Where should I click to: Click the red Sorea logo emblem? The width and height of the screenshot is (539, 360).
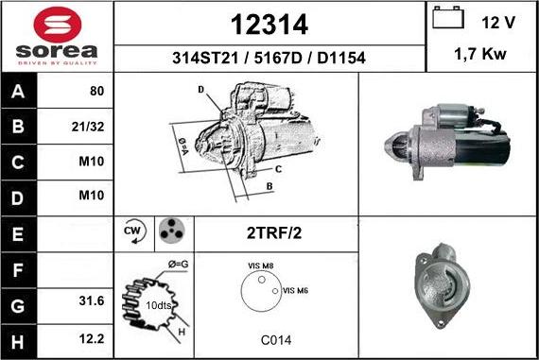point(58,25)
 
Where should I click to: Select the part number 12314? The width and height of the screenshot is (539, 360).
point(269,25)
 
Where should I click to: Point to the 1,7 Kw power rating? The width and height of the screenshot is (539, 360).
point(480,54)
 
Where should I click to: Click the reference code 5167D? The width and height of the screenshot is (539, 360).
point(277,58)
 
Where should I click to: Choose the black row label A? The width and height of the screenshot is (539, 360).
point(18,91)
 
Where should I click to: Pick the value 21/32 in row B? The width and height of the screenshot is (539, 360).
point(88,127)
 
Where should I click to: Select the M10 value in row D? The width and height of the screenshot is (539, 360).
point(92,195)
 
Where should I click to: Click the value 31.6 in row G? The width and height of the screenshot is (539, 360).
point(92,300)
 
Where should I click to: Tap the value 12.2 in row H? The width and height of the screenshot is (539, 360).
point(92,338)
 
